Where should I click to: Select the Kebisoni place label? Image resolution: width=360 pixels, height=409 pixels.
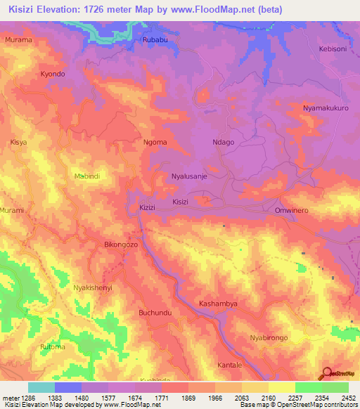pyautogui.click(x=334, y=49)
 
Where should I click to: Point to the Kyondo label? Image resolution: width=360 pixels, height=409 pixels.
pyautogui.click(x=53, y=74)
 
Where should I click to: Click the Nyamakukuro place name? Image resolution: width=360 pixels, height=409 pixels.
pyautogui.click(x=326, y=108)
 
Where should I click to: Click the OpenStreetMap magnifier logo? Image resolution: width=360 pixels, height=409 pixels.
pyautogui.click(x=326, y=374)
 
